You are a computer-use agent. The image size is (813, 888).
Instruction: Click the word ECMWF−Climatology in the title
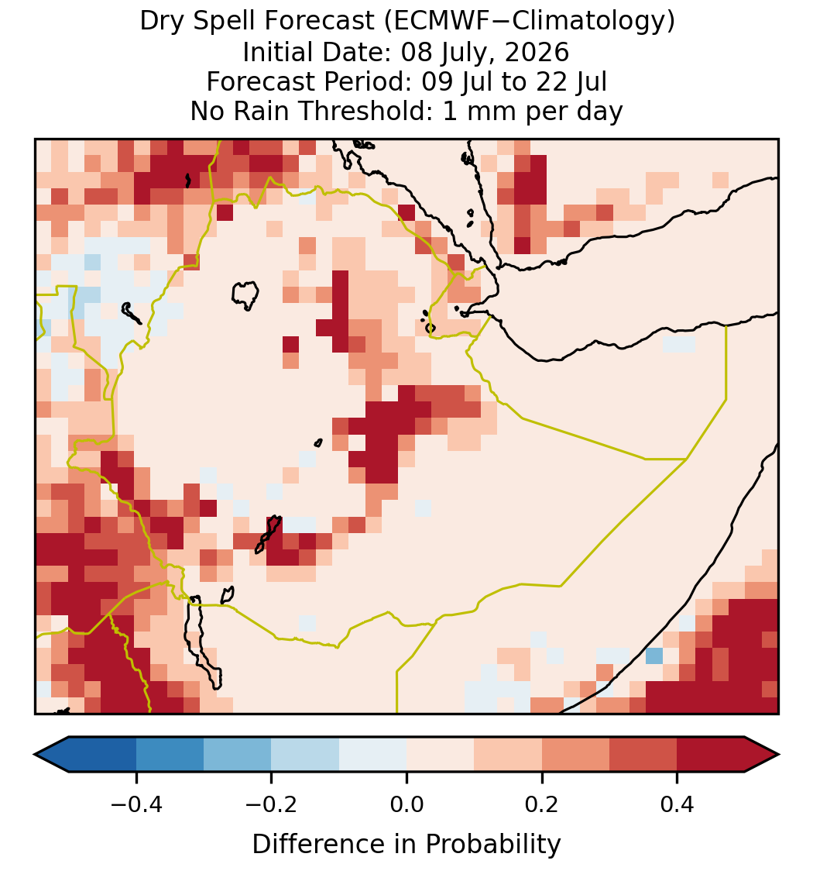pos(529,22)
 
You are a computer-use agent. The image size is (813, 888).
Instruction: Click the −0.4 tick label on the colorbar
pos(136,804)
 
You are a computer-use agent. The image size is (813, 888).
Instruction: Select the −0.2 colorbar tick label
pos(272,804)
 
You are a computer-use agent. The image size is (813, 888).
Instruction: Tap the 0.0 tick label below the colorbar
pos(406,804)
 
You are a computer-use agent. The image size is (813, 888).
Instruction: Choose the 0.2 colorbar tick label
pos(542,804)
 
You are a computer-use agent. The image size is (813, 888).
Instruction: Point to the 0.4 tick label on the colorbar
pos(677,804)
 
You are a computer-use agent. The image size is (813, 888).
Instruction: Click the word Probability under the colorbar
pos(492,845)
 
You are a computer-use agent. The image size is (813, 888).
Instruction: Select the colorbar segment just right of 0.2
pos(575,755)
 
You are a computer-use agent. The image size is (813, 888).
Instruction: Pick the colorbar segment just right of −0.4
pos(170,755)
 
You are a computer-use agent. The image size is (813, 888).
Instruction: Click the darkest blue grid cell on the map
pos(654,656)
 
